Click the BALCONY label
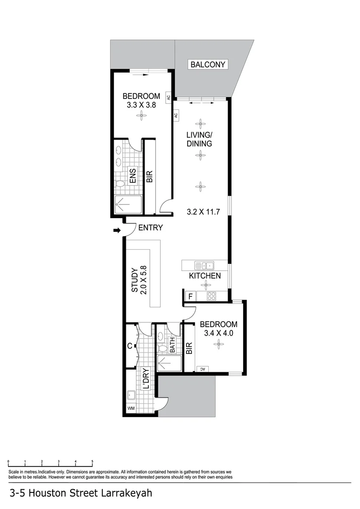click(x=208, y=65)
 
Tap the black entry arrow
click(x=116, y=230)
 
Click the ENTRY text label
click(x=150, y=228)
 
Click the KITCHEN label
click(x=205, y=276)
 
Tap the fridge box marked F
click(x=190, y=296)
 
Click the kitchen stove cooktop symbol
click(x=212, y=296)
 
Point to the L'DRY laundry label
click(x=146, y=378)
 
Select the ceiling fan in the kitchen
click(x=205, y=285)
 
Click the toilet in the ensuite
click(x=120, y=183)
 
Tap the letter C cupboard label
click(x=130, y=346)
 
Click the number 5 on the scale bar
click(x=92, y=462)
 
